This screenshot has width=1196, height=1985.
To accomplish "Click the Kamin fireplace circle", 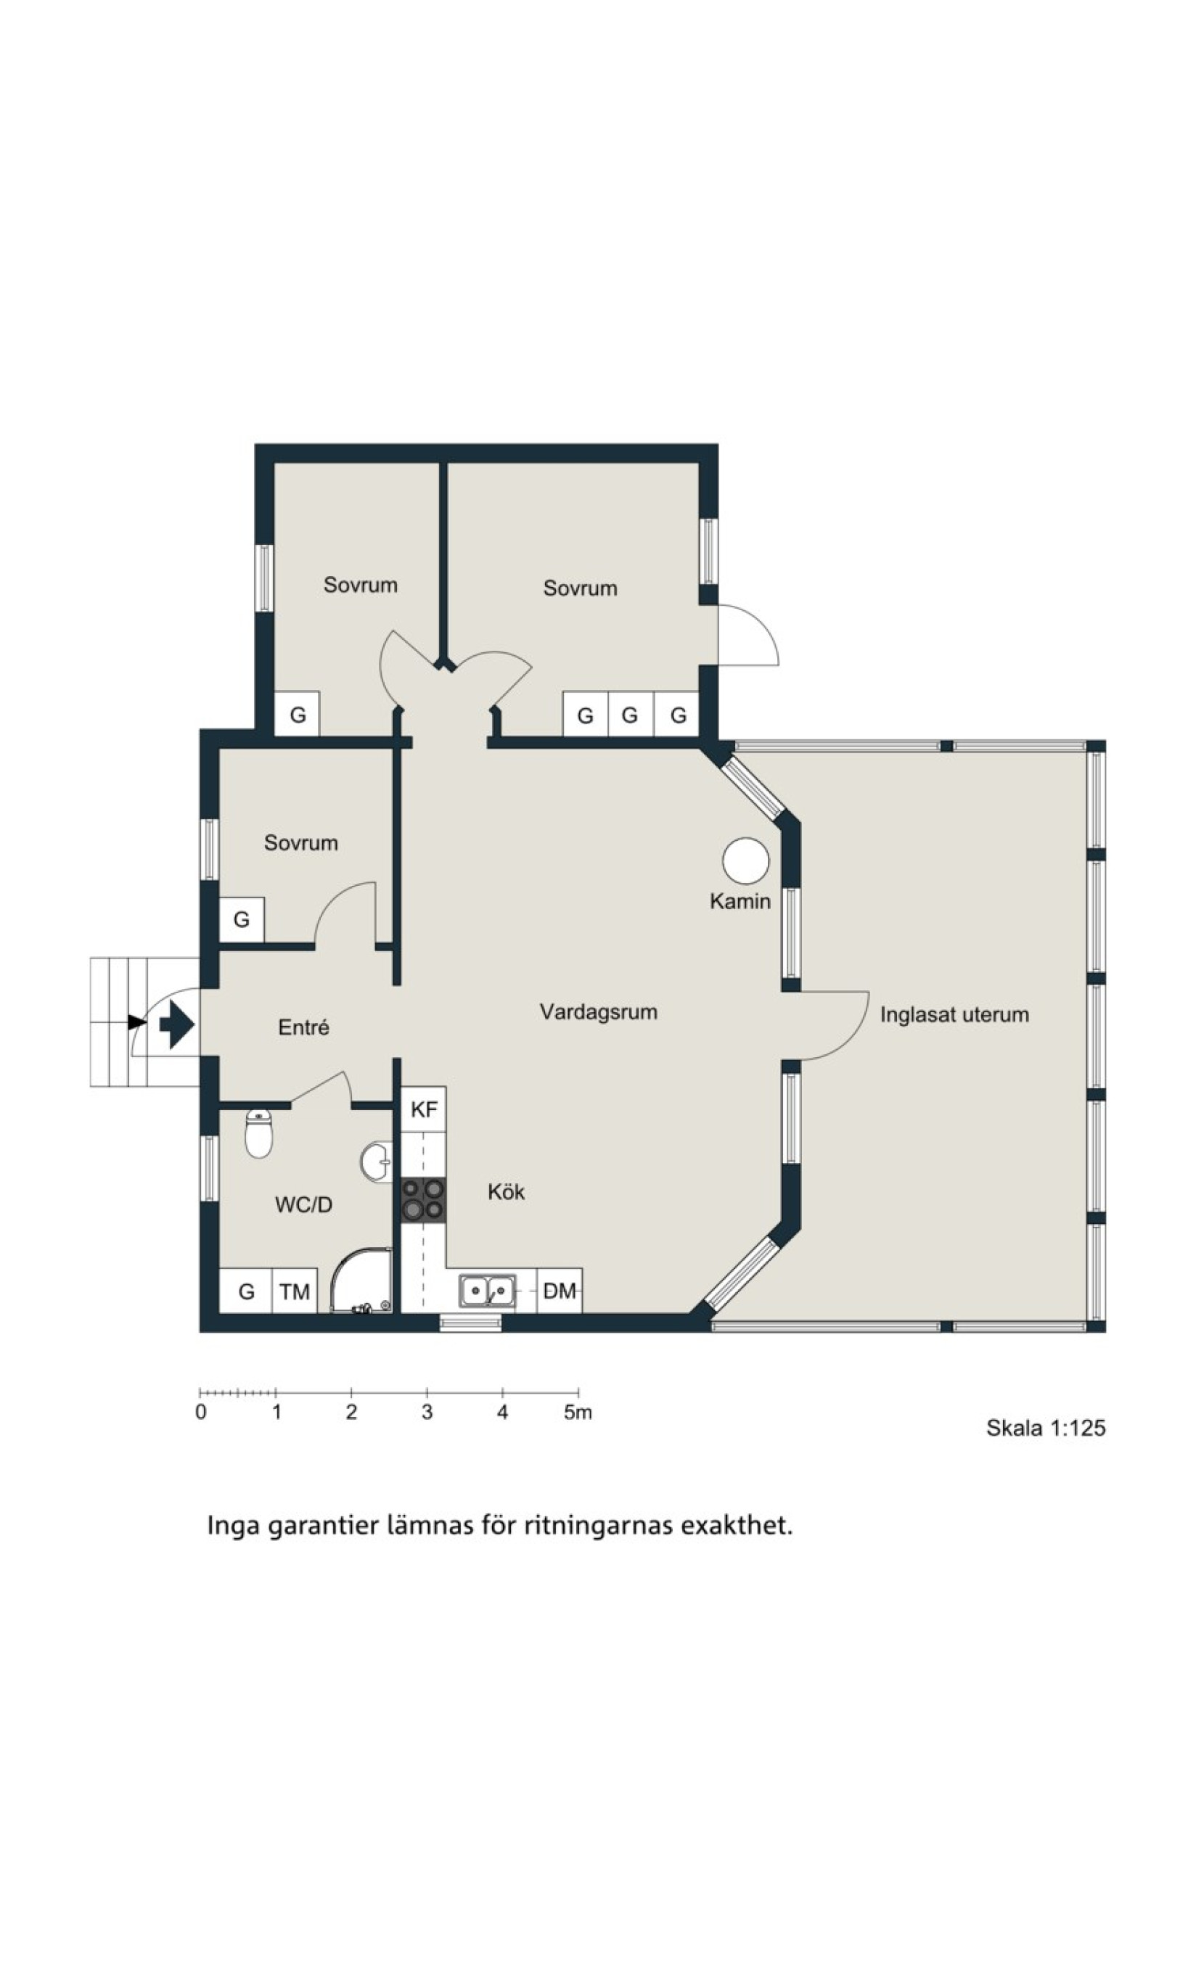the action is coord(745,860).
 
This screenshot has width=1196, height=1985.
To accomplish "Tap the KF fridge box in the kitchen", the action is coord(424,1109).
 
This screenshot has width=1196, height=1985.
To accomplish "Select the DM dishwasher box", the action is coord(560,1291).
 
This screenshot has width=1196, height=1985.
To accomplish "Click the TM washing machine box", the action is coord(294,1291).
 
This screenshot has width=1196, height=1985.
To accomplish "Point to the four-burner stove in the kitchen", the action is coord(424,1199).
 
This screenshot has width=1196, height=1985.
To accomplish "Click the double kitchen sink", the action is coord(488,1291).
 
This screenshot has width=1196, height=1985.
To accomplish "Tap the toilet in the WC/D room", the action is coord(258,1133).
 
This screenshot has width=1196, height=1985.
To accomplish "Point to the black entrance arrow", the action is coord(176,1024).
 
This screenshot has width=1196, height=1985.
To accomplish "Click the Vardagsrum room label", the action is coord(598,1012).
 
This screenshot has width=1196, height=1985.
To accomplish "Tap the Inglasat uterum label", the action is coord(954,1014).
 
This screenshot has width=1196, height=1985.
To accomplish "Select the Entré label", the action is coord(303,1027).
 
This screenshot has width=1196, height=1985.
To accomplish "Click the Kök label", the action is coord(506,1191).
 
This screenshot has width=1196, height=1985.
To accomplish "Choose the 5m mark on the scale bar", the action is coord(578,1411).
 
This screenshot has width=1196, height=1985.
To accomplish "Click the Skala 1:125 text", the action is coord(1045,1429).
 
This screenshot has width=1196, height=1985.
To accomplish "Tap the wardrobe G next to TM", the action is coord(246,1291).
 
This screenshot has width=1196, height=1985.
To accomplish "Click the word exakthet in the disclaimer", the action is coord(737,1526).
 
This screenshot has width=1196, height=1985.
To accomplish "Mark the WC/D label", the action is coord(304,1204).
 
